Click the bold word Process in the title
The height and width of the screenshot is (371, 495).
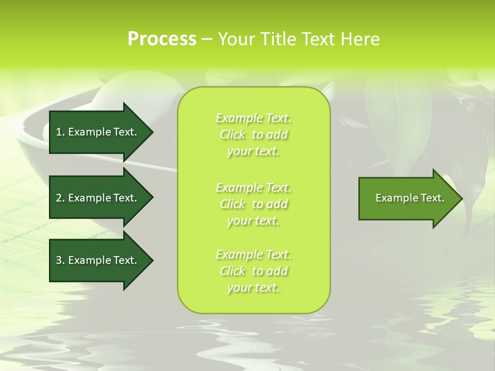coord(162,39)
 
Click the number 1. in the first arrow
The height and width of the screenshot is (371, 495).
coord(60,132)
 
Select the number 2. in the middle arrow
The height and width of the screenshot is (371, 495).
coord(60,198)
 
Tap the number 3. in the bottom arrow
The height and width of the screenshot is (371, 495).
coord(60,260)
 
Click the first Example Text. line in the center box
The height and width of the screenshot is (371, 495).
coord(253,118)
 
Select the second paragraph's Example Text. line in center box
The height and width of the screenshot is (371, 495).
coord(253,187)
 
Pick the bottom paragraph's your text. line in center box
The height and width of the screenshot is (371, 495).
coord(253,288)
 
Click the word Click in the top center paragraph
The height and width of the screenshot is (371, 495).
coord(233,134)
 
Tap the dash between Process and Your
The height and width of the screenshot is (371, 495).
coord(207,39)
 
